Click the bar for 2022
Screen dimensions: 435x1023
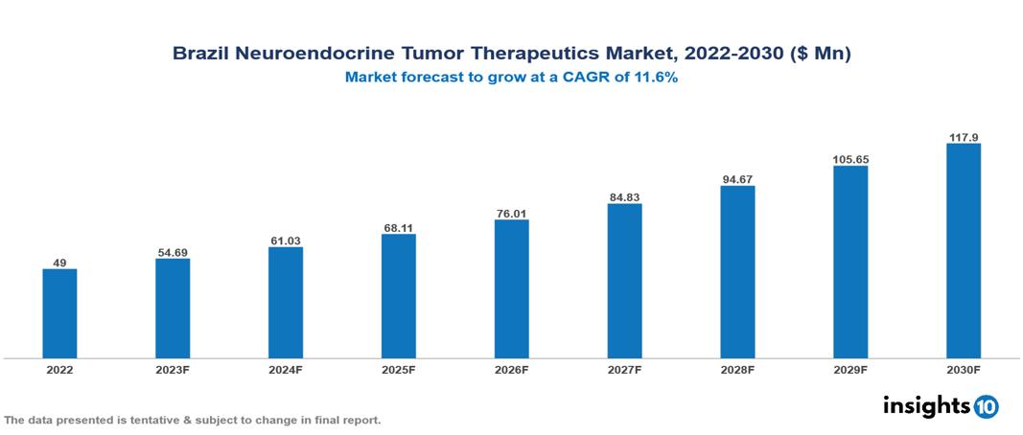tap(59, 313)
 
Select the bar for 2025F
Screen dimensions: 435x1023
tap(399, 296)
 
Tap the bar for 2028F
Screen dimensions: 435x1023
tap(737, 272)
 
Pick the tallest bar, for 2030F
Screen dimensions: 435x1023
tap(964, 251)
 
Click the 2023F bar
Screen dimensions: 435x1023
tap(173, 309)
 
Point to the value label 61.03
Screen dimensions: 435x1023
tap(286, 240)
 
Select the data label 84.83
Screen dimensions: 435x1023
tap(624, 197)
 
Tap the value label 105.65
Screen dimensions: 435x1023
tap(850, 159)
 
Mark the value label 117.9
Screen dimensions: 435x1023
tap(964, 137)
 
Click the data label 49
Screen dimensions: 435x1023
tap(59, 263)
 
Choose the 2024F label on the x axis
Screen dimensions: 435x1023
tap(286, 369)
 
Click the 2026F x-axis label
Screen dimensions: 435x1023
tap(511, 369)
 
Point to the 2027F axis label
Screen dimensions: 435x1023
tap(624, 369)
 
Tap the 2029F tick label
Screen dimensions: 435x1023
tap(850, 369)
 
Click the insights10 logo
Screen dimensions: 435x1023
tap(940, 406)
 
